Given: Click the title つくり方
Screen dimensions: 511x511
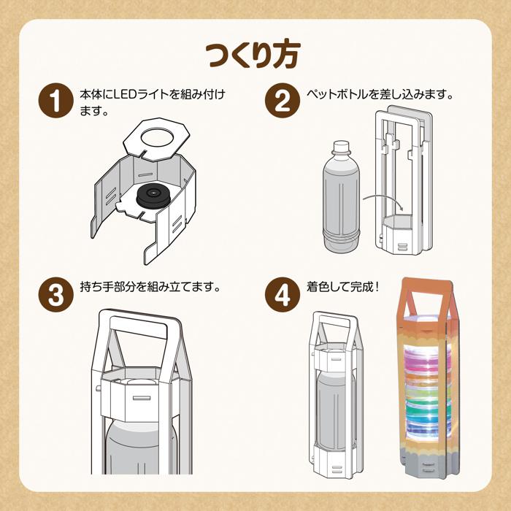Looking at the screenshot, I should tap(255, 55).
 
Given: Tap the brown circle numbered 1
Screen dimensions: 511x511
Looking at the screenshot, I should tap(55, 101).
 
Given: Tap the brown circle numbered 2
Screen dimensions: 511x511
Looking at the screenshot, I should tap(281, 101).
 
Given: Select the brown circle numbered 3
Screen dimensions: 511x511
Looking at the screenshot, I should tap(55, 293).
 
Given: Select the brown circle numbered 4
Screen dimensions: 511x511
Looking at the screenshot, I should tap(281, 293).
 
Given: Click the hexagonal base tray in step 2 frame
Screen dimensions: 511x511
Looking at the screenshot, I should tap(400, 223).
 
